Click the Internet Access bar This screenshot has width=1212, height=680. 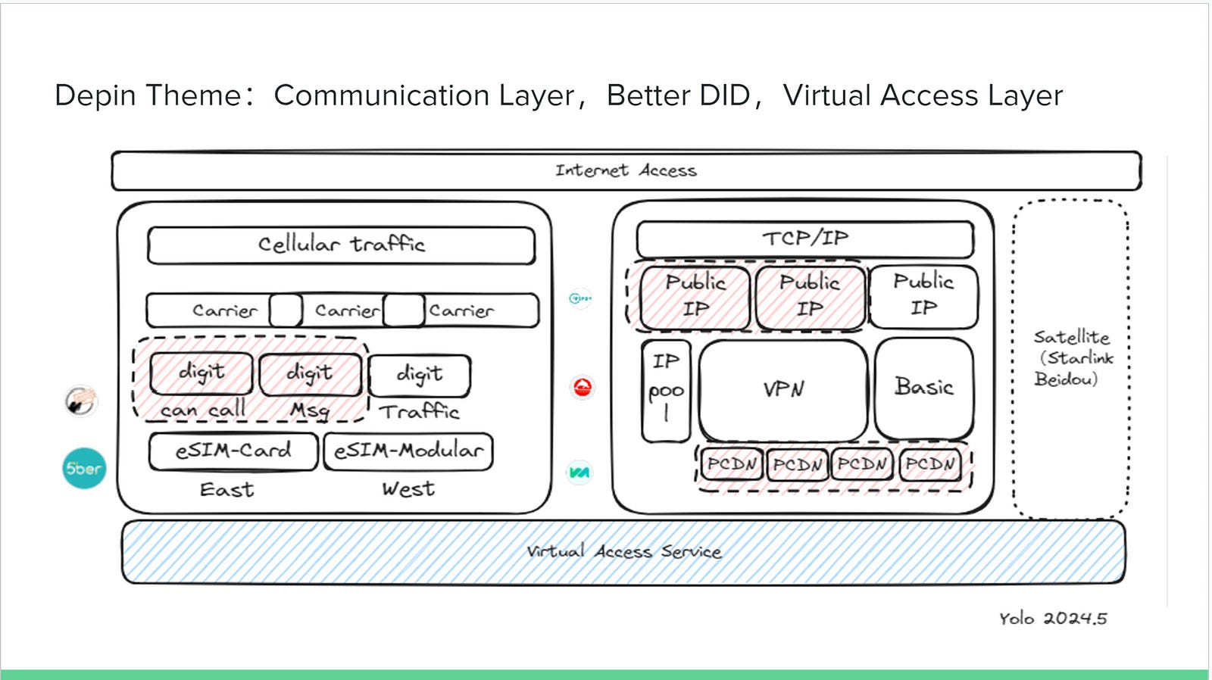click(x=626, y=171)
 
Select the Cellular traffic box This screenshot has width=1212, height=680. click(x=341, y=245)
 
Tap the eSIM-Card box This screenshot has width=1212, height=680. click(x=233, y=451)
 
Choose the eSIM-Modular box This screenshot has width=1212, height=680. click(x=408, y=451)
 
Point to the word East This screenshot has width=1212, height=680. click(x=226, y=490)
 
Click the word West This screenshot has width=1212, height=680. click(x=408, y=489)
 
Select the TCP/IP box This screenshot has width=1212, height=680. click(x=804, y=239)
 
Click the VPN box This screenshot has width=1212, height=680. click(x=782, y=390)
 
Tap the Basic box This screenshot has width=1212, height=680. click(x=923, y=388)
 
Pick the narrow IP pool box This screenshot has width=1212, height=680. click(x=666, y=390)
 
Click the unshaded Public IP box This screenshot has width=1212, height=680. click(x=923, y=295)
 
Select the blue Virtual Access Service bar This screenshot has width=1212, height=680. click(x=623, y=552)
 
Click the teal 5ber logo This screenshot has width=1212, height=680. click(x=83, y=469)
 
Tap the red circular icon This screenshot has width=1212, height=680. click(x=583, y=388)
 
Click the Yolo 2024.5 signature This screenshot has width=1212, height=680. click(x=1052, y=619)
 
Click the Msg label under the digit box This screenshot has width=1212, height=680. click(x=310, y=410)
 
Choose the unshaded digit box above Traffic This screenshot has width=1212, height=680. click(x=419, y=374)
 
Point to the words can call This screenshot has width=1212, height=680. click(x=202, y=410)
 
